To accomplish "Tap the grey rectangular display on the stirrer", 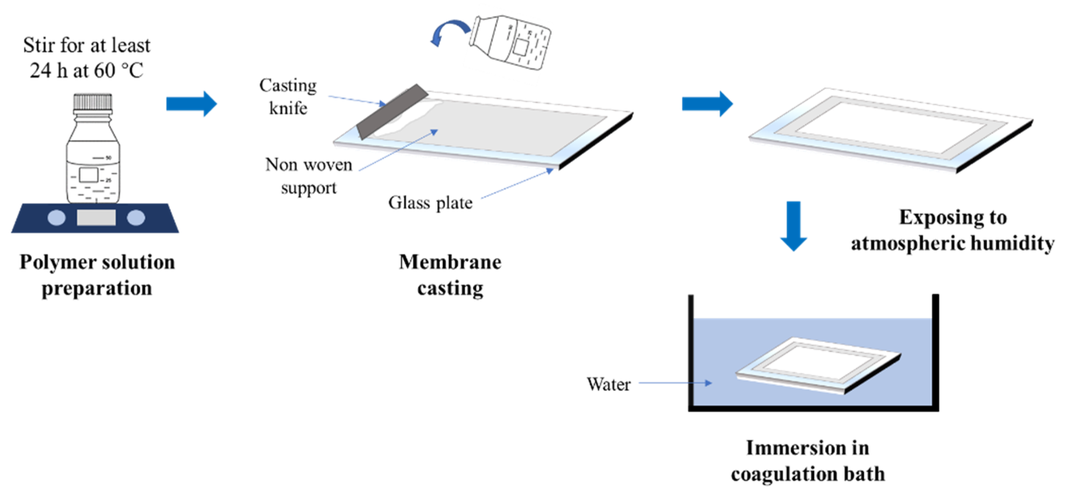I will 96,218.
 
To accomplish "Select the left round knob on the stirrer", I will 57,218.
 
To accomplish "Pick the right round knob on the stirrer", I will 136,218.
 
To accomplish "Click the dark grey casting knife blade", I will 392,111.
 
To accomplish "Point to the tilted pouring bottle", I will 511,42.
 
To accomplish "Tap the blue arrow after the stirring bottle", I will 192,104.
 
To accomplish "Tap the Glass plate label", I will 430,203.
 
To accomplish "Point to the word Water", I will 609,384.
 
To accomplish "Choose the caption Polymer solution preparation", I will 97,275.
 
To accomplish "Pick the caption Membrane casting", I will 450,275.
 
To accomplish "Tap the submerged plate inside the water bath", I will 818,366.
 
